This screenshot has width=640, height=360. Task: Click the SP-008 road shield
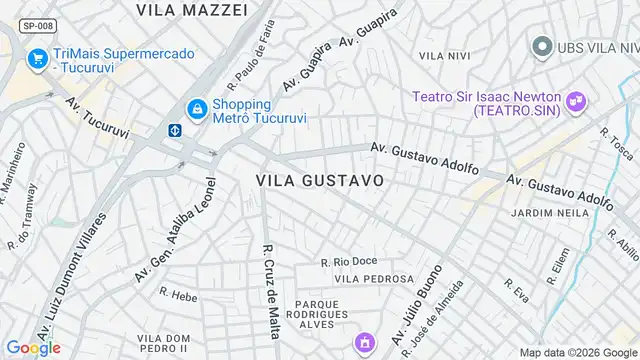[x=37, y=25]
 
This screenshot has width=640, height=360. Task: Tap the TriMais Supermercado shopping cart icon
[x=37, y=59]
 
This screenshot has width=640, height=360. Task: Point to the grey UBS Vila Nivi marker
[x=543, y=45]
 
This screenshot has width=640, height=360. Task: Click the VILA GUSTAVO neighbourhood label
[x=320, y=180]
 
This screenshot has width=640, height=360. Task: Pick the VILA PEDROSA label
[x=374, y=279]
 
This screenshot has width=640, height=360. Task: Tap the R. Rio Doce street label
[x=349, y=262]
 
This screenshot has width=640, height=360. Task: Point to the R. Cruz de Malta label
[x=270, y=291]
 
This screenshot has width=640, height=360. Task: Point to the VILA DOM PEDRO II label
[x=163, y=343]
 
